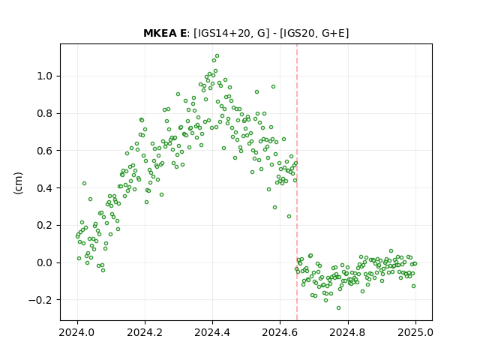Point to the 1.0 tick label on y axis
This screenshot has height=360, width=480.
tap(44, 76)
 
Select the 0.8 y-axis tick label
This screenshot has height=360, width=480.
tap(44, 113)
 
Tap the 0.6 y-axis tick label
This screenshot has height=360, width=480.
tap(44, 151)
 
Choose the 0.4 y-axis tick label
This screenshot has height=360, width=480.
tap(44, 188)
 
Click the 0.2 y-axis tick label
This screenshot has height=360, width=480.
tap(44, 225)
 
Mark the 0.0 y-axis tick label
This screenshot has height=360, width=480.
tap(44, 262)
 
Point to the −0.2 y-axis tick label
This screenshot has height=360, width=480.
tap(40, 300)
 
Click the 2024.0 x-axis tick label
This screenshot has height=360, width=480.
tap(77, 332)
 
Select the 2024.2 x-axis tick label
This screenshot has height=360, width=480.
tap(145, 332)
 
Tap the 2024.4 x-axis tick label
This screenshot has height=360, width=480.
tap(212, 332)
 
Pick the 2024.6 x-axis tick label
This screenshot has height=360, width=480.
tap(280, 332)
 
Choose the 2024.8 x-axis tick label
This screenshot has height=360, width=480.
tap(348, 332)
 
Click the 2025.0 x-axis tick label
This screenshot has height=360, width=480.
tap(415, 332)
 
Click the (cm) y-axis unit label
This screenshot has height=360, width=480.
tap(18, 183)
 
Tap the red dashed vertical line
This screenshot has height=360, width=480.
tap(297, 182)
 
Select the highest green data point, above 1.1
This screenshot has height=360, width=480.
tap(217, 56)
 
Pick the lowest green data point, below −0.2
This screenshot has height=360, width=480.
tap(338, 308)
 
